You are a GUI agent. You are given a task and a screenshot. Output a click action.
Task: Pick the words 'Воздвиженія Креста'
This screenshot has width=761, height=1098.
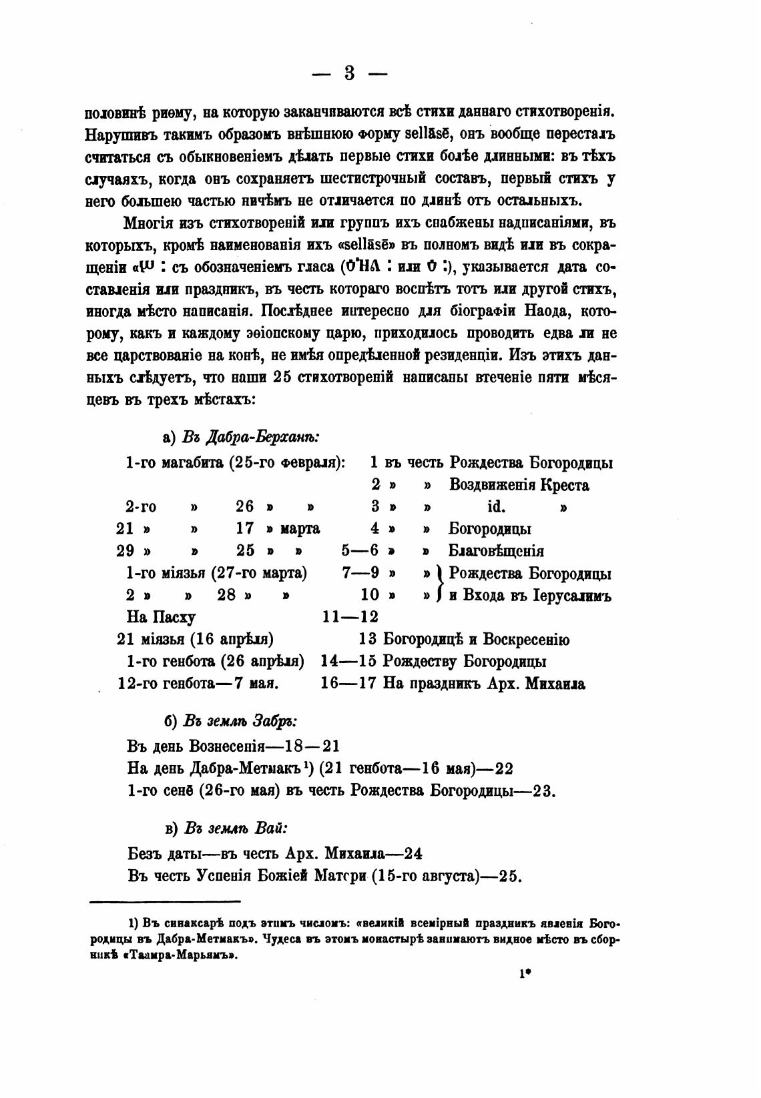[x=519, y=485]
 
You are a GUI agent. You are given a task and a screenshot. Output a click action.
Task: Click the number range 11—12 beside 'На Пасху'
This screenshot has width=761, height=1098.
[x=350, y=617]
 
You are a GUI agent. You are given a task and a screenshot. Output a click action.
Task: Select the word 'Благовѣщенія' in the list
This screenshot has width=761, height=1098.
[x=495, y=551]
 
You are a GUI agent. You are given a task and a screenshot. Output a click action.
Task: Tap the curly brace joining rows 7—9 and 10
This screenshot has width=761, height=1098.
[x=439, y=584]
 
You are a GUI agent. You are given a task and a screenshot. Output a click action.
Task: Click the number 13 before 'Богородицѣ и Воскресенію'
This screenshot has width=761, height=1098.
[x=368, y=640]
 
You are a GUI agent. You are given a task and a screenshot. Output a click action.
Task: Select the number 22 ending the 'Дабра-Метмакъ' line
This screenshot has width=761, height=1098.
[x=504, y=768]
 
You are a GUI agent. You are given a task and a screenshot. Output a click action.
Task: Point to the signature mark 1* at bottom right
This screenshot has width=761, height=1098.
[x=524, y=974]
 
